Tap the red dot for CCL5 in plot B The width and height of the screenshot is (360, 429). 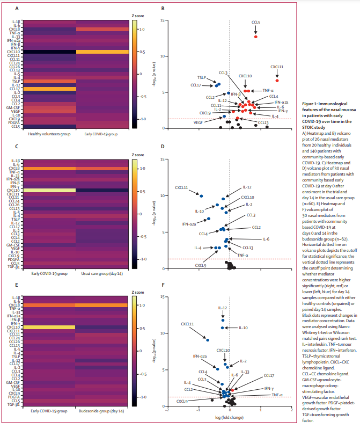point(256,37)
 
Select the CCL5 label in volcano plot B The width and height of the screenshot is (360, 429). point(256,23)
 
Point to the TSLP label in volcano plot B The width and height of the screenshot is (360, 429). point(202,77)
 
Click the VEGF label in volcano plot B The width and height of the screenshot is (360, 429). point(198,122)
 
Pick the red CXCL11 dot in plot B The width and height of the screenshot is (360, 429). point(277,81)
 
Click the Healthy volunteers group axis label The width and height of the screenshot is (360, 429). point(46,134)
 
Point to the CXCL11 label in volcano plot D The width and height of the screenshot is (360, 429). point(181,188)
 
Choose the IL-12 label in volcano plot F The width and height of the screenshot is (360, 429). point(223,308)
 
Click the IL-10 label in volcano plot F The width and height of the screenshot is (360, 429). point(243,328)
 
